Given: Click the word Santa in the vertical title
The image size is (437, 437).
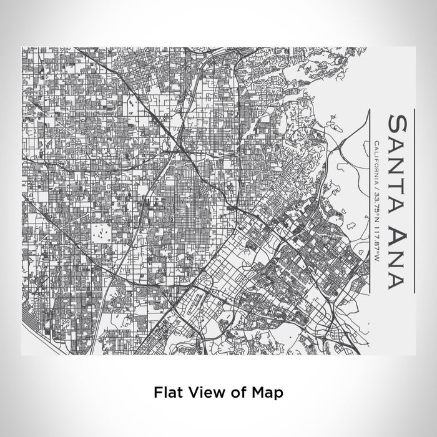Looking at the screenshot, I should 400,164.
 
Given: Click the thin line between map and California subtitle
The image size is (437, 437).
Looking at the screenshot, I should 370,200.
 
